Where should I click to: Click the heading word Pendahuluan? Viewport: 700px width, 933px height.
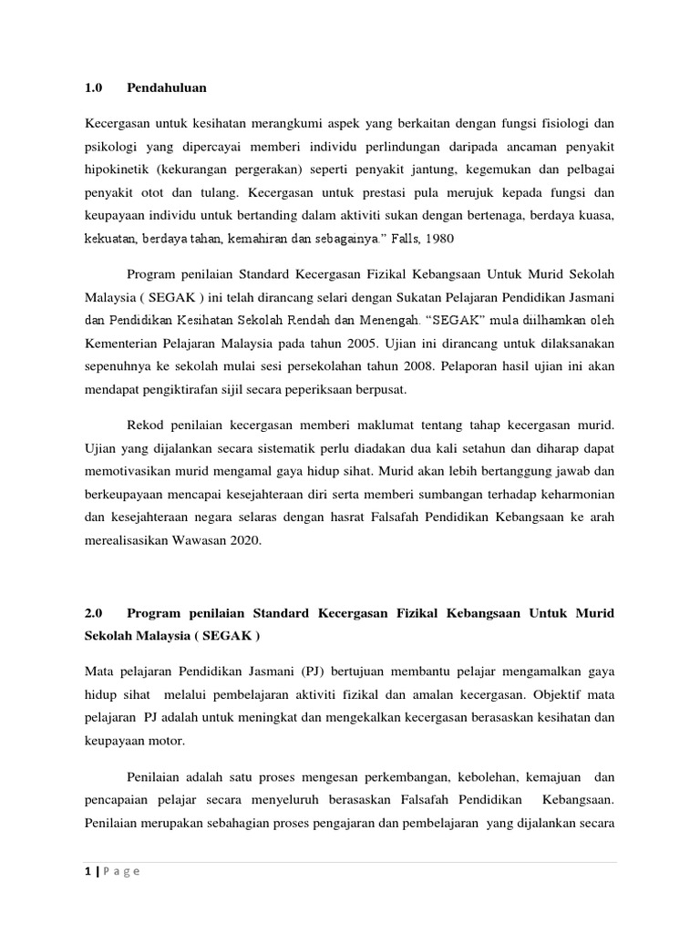point(168,87)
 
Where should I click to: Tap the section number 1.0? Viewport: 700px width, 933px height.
point(94,87)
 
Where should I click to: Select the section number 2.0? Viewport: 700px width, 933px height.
point(94,613)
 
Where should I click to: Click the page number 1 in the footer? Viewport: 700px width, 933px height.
point(87,871)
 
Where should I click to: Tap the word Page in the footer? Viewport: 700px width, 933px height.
point(121,871)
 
